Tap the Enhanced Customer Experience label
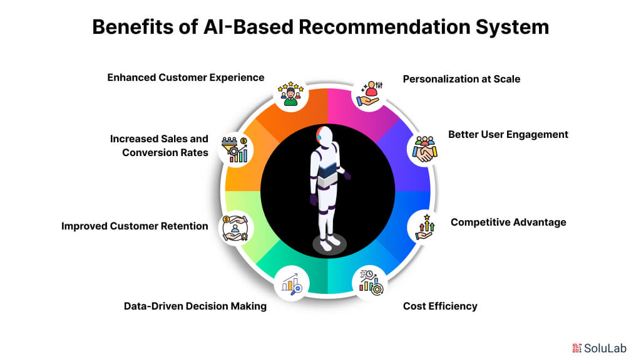coord(185,78)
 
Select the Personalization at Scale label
coord(461,79)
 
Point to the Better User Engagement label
coord(508,135)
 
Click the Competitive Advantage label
coord(508,222)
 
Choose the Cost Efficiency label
coord(440,306)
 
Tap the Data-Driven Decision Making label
coord(195,306)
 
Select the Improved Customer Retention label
coord(135,226)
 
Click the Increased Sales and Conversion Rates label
coord(159,145)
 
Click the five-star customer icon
coord(290,94)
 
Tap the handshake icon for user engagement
coord(425,149)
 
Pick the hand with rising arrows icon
coord(425,227)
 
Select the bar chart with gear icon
coord(371,283)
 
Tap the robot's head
coord(325,135)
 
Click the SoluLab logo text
coord(605,348)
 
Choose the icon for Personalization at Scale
coord(369,94)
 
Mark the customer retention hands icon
coord(235,228)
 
